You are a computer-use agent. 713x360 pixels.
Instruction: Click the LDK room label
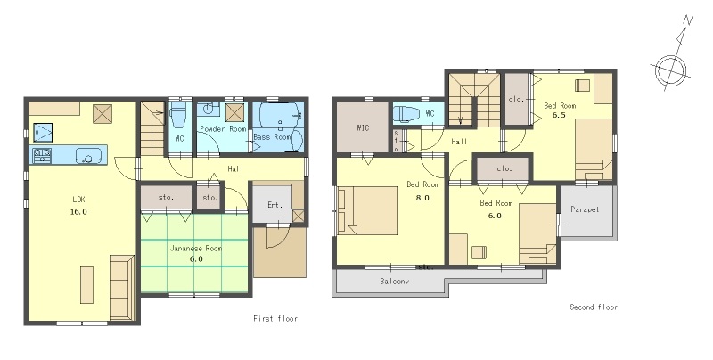[x=78, y=199]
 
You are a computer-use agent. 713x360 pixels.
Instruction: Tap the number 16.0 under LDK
[x=78, y=211]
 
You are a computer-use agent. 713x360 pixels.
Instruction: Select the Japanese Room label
[x=196, y=249]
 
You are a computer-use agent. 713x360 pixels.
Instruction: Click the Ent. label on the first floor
[x=275, y=205]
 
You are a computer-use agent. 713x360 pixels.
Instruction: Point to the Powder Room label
[x=223, y=129]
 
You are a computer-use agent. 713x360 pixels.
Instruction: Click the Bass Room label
[x=272, y=136]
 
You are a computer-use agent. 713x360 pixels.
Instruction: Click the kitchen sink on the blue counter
[x=86, y=155]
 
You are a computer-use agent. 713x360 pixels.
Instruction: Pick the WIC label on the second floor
[x=363, y=127]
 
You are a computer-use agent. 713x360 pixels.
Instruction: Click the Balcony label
[x=394, y=282]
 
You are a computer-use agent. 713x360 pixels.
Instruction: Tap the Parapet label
[x=585, y=209]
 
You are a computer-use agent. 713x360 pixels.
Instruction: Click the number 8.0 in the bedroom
[x=422, y=198]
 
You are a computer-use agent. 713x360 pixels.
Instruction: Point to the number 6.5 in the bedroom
[x=559, y=115]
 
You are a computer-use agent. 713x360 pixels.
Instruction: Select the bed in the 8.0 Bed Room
[x=368, y=210]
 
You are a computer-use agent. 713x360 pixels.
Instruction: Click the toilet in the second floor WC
[x=404, y=113]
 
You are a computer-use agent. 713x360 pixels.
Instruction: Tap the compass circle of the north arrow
[x=671, y=70]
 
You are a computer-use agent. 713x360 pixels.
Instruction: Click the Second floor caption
[x=594, y=307]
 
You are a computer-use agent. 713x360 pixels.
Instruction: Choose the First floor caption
[x=275, y=319]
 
